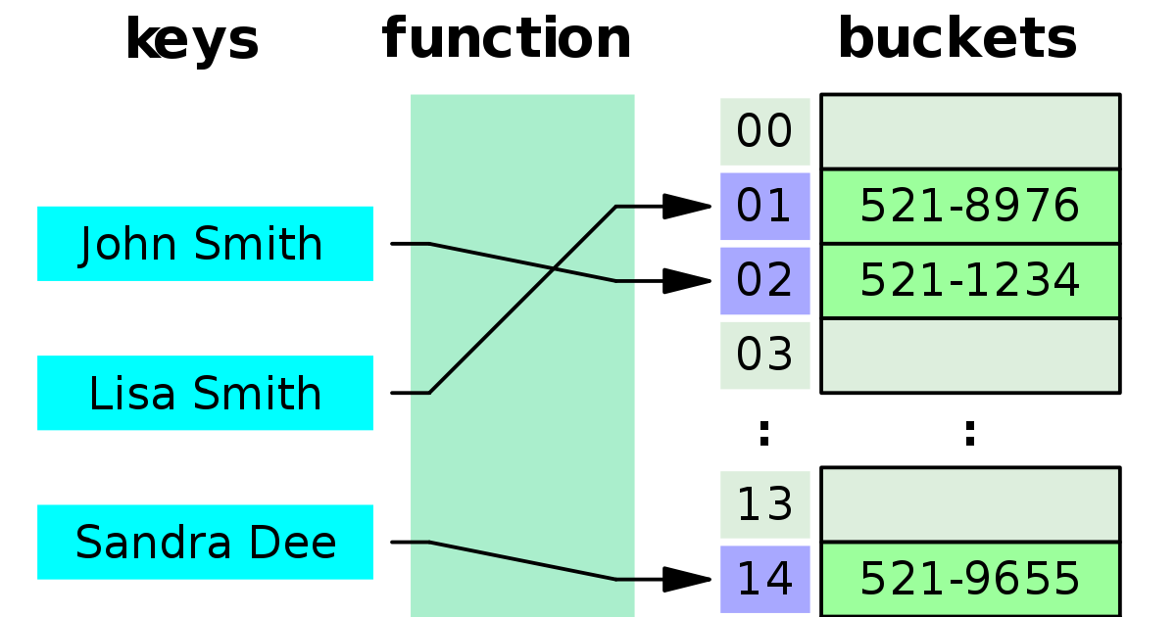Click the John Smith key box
(x=205, y=243)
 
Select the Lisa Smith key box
(x=205, y=393)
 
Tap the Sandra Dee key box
(x=205, y=542)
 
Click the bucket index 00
(x=764, y=131)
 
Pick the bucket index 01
(x=764, y=206)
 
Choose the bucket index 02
(x=764, y=280)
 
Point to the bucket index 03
(x=764, y=355)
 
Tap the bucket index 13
(x=764, y=504)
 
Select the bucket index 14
(x=764, y=579)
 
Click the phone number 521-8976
(x=969, y=206)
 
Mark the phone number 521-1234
(x=969, y=280)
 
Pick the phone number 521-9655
(x=969, y=579)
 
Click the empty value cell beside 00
(x=969, y=131)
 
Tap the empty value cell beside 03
(x=969, y=355)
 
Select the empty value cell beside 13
(x=969, y=504)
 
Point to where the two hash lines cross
(x=555, y=267)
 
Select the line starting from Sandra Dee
(x=522, y=560)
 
